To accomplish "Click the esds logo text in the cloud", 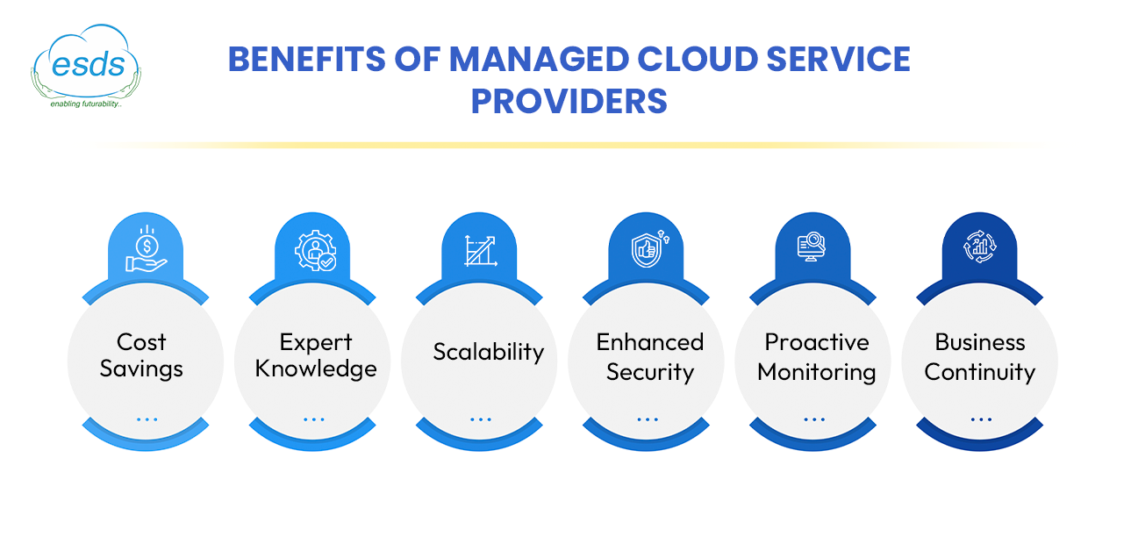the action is (x=89, y=65).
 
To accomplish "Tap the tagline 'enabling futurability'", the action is (x=86, y=104).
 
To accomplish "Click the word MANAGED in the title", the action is (x=539, y=60).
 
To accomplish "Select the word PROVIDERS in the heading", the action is (x=569, y=101).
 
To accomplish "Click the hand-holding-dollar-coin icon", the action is (x=147, y=248).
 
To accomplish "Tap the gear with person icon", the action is (x=315, y=250).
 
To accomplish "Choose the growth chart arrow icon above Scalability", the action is (x=481, y=251).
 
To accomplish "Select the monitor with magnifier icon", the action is (x=812, y=247).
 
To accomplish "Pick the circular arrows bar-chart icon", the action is (x=980, y=247).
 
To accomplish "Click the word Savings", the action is (x=141, y=369).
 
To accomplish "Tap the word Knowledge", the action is (x=316, y=369).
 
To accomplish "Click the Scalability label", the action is (x=488, y=352).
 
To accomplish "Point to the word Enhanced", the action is (x=650, y=342).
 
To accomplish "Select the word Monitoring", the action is (x=816, y=373).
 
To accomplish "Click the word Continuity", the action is (x=979, y=373).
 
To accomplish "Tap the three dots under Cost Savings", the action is (x=147, y=419).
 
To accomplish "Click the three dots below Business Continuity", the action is (x=981, y=419).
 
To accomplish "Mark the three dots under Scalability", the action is (x=481, y=419).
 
